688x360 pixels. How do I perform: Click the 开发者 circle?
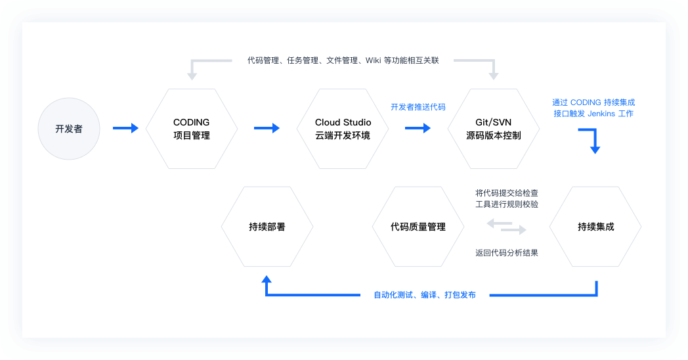click(x=69, y=129)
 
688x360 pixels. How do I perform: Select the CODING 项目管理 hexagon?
click(x=191, y=129)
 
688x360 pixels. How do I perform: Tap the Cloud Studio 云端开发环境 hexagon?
click(x=343, y=129)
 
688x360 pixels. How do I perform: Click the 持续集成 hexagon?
click(x=595, y=227)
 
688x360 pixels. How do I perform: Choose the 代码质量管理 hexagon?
click(x=418, y=227)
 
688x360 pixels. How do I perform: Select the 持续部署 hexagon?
click(x=267, y=227)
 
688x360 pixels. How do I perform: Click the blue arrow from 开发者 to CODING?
click(x=125, y=128)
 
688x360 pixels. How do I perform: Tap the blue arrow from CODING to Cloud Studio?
click(x=267, y=128)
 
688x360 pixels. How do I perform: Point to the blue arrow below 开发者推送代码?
click(x=418, y=128)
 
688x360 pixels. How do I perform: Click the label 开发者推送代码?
click(x=418, y=106)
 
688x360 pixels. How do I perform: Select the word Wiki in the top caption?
click(x=373, y=60)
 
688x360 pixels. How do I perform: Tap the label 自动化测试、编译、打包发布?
click(x=425, y=295)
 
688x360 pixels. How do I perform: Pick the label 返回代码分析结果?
click(x=506, y=252)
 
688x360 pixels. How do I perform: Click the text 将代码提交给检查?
click(x=506, y=193)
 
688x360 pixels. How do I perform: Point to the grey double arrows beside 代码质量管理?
click(x=506, y=227)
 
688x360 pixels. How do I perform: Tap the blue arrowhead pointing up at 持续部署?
click(x=267, y=279)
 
